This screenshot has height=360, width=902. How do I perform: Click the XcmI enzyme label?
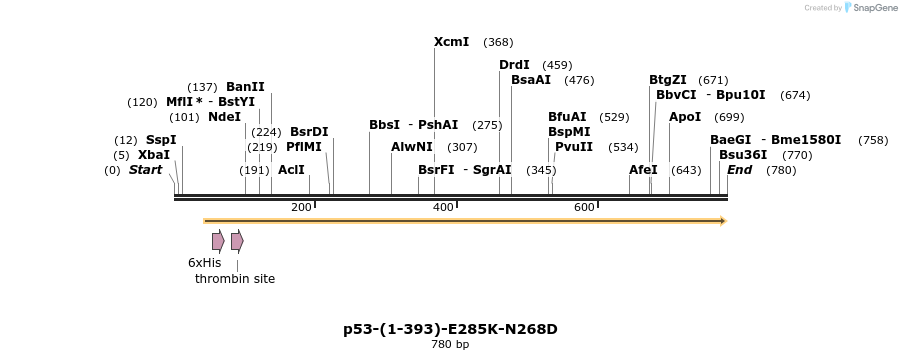[x=451, y=42]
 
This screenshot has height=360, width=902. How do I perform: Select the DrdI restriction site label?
[x=514, y=65]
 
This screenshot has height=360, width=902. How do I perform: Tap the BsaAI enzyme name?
[x=531, y=80]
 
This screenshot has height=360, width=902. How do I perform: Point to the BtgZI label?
[x=668, y=80]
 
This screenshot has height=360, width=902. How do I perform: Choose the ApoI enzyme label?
[x=685, y=117]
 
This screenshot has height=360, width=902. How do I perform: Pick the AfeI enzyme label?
[x=643, y=170]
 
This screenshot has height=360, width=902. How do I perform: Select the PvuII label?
[x=574, y=147]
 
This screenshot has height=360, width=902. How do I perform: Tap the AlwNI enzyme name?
[x=411, y=147]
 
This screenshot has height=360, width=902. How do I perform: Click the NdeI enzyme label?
[x=224, y=117]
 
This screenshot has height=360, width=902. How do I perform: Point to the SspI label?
[x=161, y=140]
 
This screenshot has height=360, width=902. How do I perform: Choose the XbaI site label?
[x=154, y=155]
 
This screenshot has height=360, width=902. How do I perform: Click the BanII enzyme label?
[x=245, y=87]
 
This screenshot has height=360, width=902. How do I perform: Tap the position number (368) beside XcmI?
[x=498, y=42]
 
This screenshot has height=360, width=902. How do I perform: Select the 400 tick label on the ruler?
[x=443, y=207]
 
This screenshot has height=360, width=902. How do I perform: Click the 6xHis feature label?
[x=204, y=262]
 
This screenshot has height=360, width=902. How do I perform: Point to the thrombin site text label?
[x=235, y=279]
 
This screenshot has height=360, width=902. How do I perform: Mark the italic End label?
[x=739, y=170]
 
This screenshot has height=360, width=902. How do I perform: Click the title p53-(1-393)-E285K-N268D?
[x=450, y=328]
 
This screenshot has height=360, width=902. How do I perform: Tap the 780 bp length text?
[x=450, y=344]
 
